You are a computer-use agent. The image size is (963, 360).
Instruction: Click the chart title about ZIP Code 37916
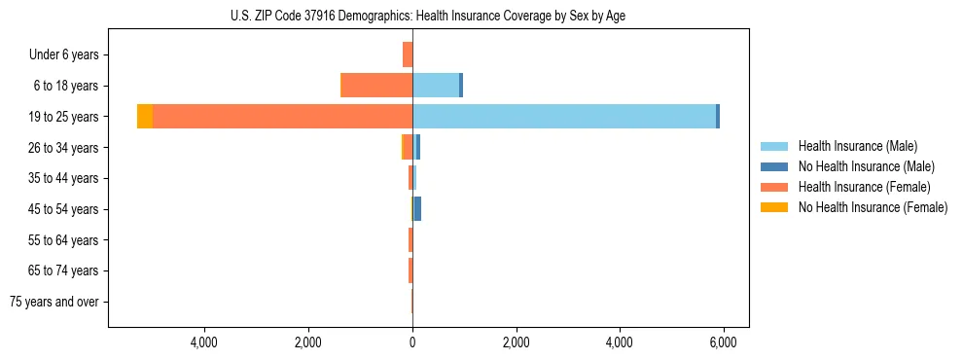(428, 16)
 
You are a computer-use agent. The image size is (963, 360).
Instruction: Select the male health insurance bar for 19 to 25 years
(564, 116)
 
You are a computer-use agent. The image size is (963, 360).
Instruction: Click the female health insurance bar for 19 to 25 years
(282, 116)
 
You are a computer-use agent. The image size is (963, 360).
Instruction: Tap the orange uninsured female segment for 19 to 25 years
(145, 116)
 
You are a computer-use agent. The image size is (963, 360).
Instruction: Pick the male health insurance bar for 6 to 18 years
(435, 86)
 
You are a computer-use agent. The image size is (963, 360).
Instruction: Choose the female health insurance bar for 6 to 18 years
(376, 86)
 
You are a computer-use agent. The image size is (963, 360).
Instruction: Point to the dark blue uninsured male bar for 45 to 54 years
(417, 208)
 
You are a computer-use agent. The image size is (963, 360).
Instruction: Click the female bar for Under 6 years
(408, 54)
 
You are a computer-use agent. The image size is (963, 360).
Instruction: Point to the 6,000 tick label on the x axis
(723, 342)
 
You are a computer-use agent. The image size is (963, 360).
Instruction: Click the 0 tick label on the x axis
(412, 342)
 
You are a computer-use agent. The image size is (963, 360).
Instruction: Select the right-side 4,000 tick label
(620, 342)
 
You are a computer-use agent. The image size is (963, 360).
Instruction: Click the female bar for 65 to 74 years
(410, 270)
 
